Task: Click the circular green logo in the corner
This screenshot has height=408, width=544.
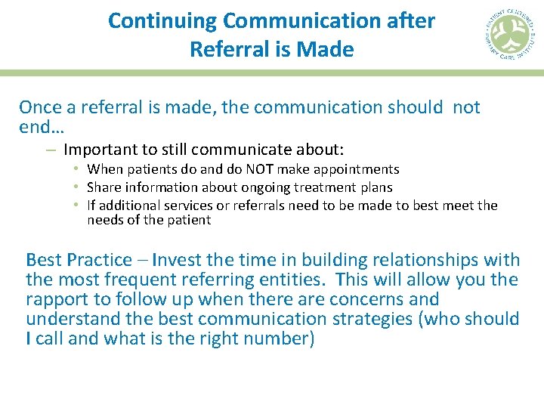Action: (x=508, y=35)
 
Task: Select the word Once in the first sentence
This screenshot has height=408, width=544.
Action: (x=39, y=107)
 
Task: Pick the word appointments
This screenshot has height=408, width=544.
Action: (x=355, y=169)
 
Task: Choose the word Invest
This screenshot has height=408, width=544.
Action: (x=176, y=260)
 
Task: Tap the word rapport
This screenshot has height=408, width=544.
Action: (x=55, y=299)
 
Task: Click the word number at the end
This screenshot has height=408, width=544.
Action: (x=275, y=338)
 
